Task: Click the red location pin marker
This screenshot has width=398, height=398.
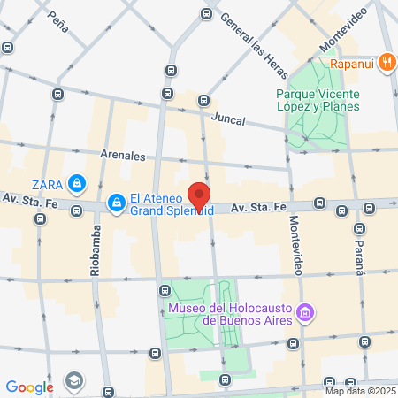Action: (201, 197)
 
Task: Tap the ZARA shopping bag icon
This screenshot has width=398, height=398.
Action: (78, 183)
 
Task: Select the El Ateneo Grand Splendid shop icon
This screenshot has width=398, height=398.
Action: (116, 204)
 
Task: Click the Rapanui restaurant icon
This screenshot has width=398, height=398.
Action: (387, 63)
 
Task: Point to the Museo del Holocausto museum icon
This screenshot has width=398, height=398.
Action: (306, 312)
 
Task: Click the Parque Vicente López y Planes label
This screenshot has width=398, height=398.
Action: (318, 99)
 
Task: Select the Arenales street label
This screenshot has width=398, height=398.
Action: (123, 155)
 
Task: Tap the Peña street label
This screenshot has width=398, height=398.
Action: (58, 17)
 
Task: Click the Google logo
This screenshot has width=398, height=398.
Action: (29, 387)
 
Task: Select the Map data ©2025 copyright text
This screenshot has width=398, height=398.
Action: (359, 391)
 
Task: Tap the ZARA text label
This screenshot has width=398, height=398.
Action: (47, 184)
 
